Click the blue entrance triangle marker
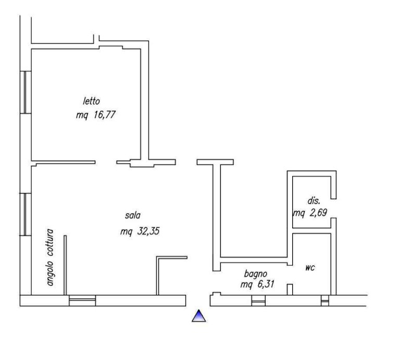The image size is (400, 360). click(x=199, y=316)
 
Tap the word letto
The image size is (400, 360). click(x=91, y=101)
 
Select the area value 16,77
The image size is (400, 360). click(x=105, y=114)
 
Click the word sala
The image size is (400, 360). click(x=133, y=215)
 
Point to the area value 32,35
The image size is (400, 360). click(x=148, y=231)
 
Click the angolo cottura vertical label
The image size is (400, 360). click(x=50, y=258)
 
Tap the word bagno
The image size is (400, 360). click(x=256, y=274)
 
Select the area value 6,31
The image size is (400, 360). click(x=266, y=284)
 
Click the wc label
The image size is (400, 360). click(x=310, y=267)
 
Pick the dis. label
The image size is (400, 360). click(x=314, y=201)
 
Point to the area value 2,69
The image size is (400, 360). click(x=318, y=212)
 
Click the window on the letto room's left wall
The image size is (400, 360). click(x=26, y=92)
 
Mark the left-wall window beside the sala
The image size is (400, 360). click(x=26, y=214)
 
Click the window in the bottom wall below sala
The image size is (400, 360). click(x=82, y=301)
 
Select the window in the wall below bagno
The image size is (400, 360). click(x=258, y=301)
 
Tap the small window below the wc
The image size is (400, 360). click(x=325, y=301)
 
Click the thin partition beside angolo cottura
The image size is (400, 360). click(x=65, y=265)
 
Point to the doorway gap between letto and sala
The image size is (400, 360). click(x=106, y=162)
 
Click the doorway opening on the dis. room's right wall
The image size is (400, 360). click(x=334, y=209)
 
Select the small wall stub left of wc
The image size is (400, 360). click(x=290, y=290)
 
